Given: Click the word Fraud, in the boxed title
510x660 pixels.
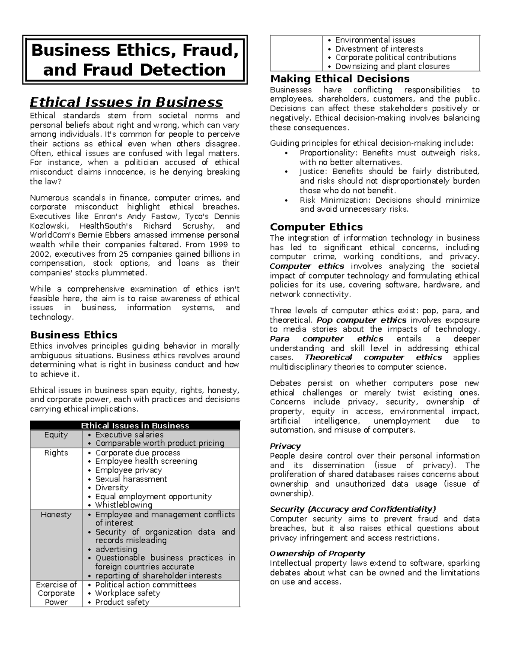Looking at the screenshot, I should click(211, 51).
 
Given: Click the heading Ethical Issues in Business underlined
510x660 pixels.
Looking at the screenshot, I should click(126, 102).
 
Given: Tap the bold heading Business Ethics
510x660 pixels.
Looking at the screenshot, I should click(74, 335).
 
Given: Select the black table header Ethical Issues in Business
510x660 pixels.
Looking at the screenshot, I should click(135, 425).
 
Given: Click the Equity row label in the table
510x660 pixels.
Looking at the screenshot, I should click(56, 435).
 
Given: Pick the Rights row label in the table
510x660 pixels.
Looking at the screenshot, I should click(56, 453).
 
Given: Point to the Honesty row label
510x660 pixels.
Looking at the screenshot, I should click(56, 515).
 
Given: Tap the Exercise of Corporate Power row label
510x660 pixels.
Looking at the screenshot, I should click(56, 593).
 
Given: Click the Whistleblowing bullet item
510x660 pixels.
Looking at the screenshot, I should click(123, 505).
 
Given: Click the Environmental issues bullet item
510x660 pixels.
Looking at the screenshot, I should click(375, 40).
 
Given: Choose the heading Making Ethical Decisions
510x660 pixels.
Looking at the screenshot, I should click(340, 79).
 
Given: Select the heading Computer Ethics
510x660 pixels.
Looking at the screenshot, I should click(316, 227).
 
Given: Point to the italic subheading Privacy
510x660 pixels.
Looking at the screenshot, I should click(285, 446).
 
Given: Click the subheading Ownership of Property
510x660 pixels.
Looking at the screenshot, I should click(317, 553).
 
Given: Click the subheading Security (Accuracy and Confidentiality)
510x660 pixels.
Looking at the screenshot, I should click(353, 509).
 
